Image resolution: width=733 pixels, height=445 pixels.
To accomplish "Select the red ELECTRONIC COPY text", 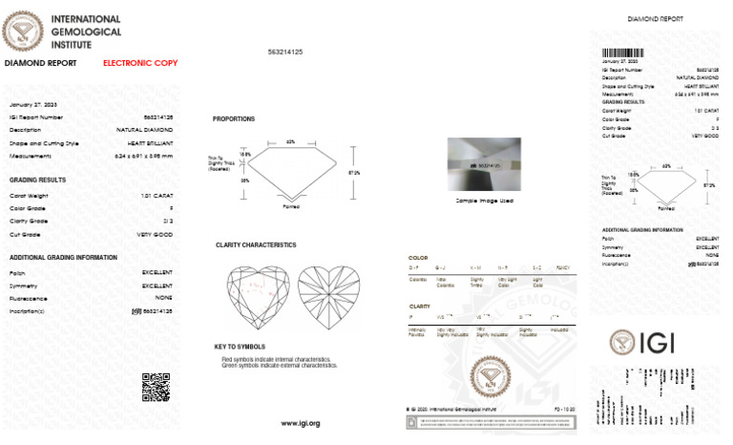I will [140, 63].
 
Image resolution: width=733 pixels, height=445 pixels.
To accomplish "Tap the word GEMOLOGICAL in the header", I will [86, 31].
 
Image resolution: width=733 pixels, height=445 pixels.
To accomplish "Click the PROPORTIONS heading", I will [234, 119].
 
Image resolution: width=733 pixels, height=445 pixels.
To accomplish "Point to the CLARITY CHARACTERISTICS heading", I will [256, 245].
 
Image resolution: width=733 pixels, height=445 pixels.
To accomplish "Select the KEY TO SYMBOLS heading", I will [240, 346].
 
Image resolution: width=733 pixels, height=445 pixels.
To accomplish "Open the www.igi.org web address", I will [300, 423].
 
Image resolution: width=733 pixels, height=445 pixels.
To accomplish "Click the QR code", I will [156, 387].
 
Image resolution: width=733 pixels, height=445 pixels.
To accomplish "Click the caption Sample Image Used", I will [485, 202].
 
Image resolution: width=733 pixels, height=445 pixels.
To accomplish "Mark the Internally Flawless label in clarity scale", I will [417, 332].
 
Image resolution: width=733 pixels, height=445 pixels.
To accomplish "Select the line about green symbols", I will [279, 365].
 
